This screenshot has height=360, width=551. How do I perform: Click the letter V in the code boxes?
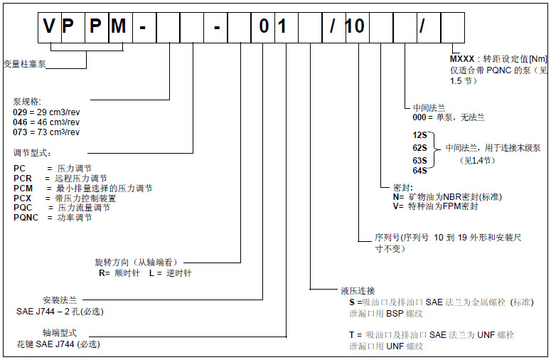(49, 26)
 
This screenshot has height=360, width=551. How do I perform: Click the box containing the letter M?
(120, 26)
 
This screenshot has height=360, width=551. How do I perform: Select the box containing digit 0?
(263, 26)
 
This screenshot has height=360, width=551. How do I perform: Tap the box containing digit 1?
(286, 26)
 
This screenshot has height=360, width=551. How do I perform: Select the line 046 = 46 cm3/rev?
(47, 122)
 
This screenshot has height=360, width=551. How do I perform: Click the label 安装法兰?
(60, 300)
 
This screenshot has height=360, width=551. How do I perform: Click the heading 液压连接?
(358, 291)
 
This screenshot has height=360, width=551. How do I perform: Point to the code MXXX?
(462, 58)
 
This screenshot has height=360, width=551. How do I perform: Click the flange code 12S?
(419, 134)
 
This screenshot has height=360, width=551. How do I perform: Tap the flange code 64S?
(419, 170)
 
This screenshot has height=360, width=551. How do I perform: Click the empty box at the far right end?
(453, 26)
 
